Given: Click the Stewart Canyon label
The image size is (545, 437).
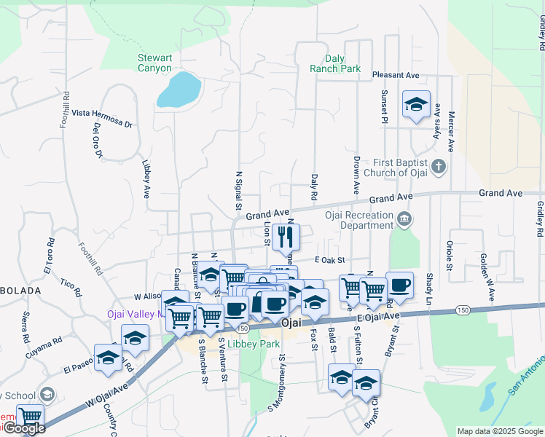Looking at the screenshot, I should (155, 63).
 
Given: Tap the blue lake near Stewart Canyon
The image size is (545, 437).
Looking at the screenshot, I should (178, 89).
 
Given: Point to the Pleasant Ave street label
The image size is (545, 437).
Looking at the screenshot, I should (396, 75).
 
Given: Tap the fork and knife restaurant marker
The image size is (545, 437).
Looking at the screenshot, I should (286, 237).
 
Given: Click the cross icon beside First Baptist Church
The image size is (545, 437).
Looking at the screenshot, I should (438, 167).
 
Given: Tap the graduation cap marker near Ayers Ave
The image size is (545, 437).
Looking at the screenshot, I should (416, 105).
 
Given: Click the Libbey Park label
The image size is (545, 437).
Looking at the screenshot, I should (248, 343).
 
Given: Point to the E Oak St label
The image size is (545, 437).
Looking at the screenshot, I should (329, 260).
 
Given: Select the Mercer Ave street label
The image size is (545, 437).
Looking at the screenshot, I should (452, 132).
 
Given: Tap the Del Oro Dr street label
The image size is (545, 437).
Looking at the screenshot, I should (98, 139).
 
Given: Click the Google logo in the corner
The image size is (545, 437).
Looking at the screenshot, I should (23, 429).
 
